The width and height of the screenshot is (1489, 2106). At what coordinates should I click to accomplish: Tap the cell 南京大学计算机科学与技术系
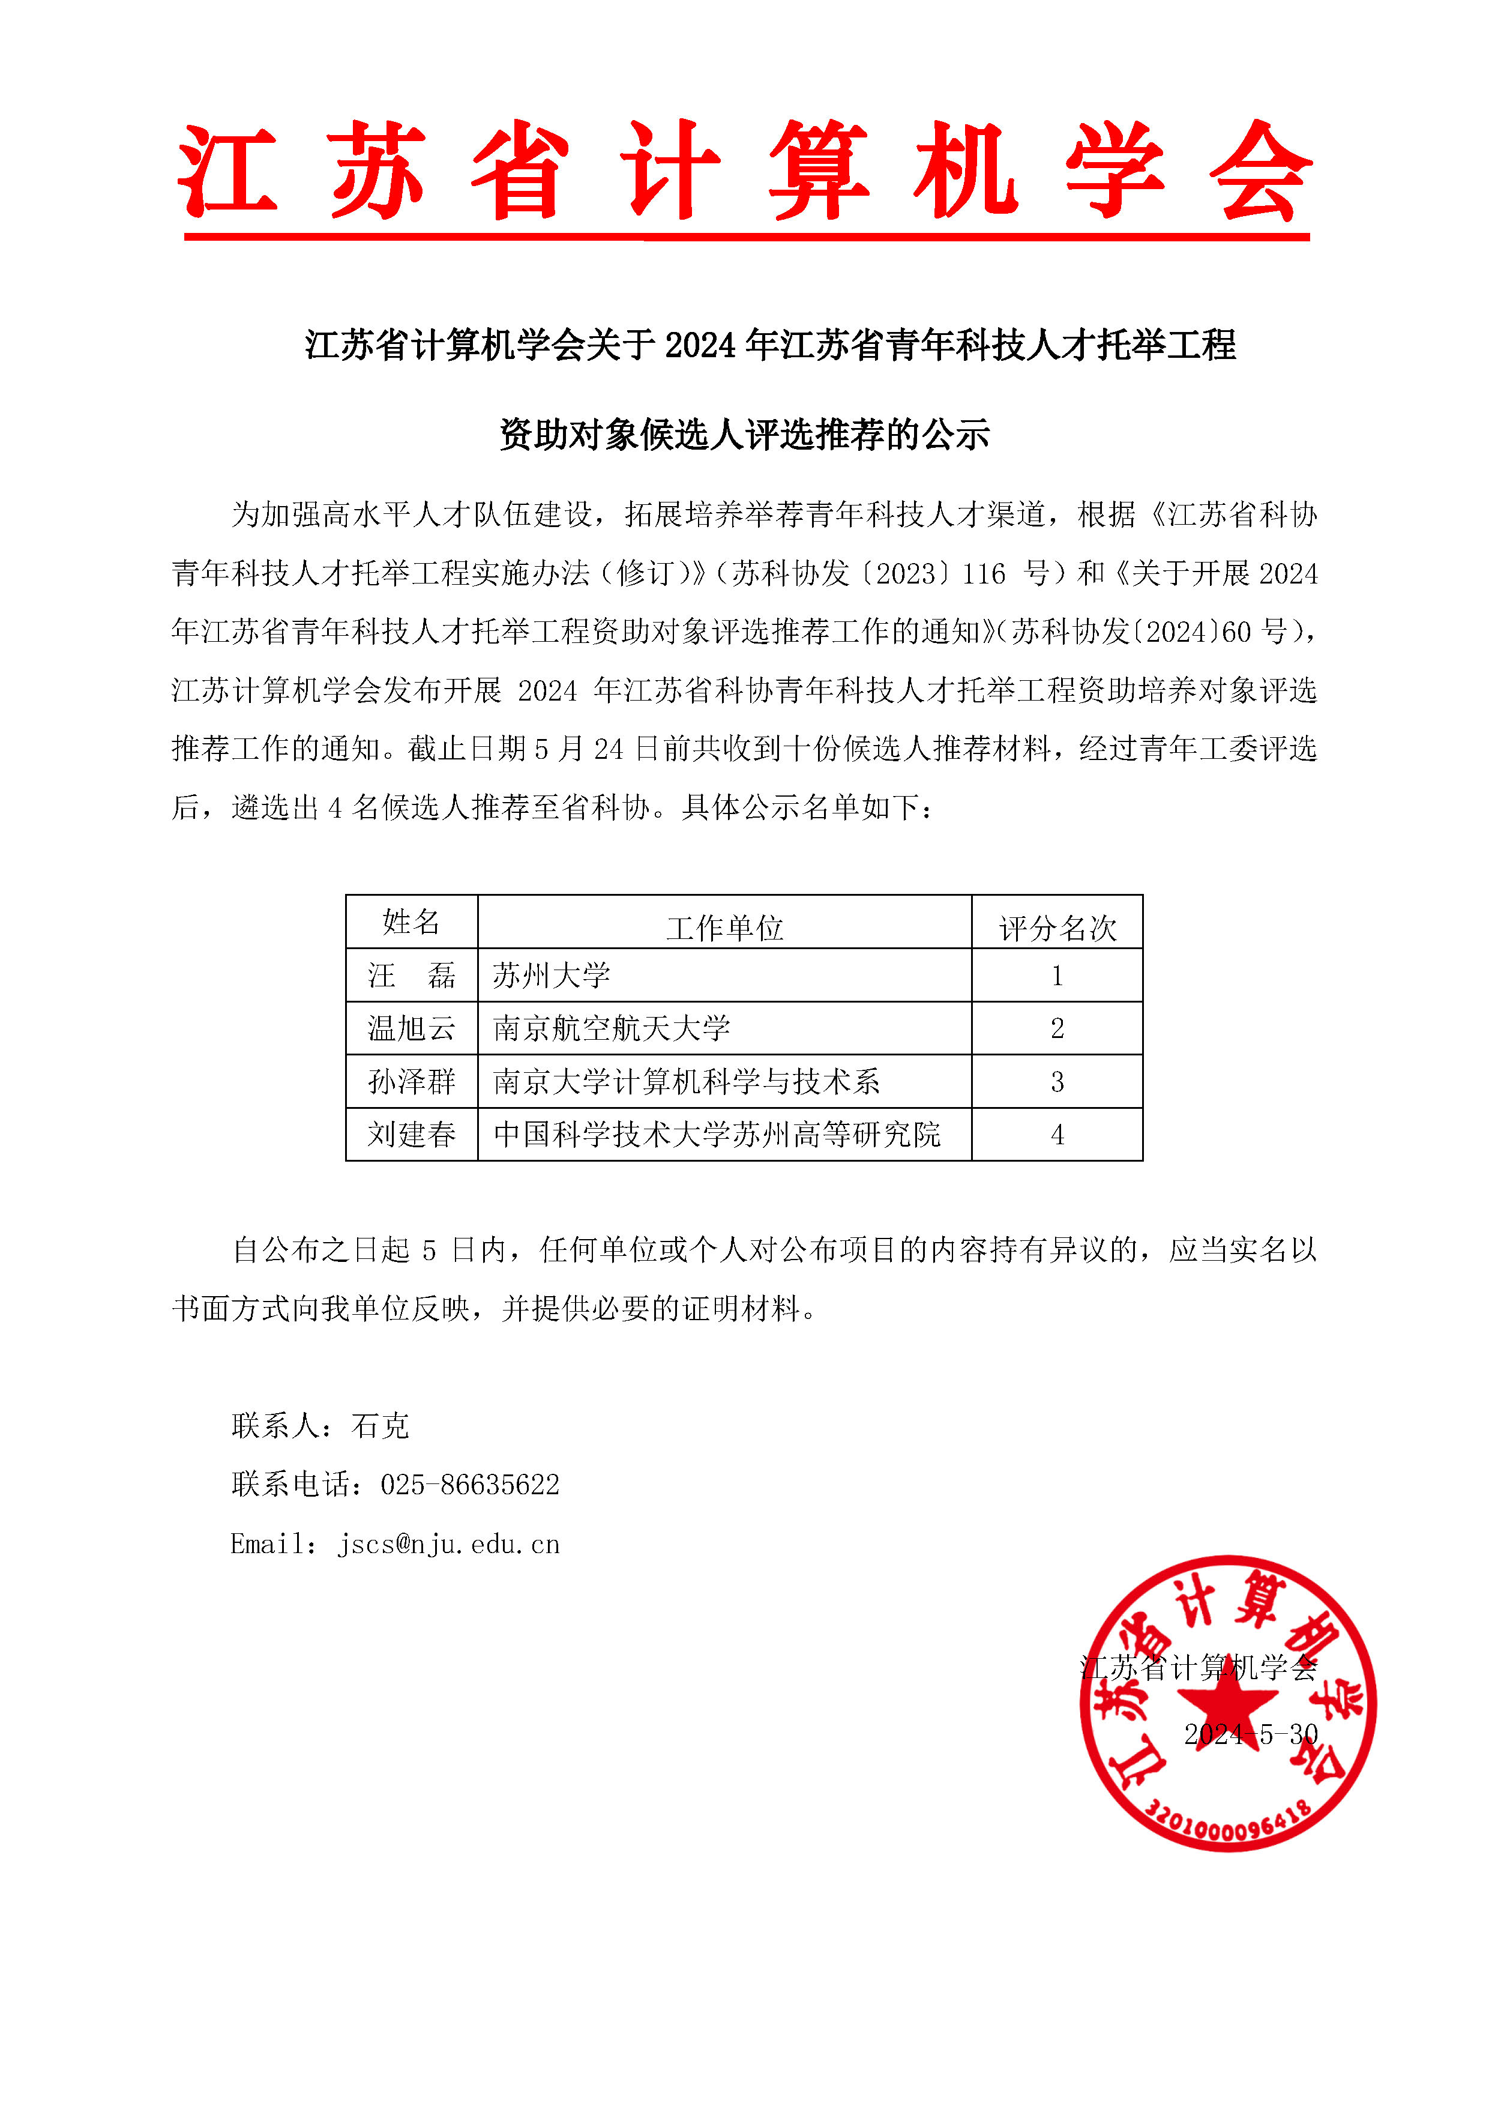point(686,1081)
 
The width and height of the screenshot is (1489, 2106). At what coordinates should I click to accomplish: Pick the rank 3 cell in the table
point(1057,1081)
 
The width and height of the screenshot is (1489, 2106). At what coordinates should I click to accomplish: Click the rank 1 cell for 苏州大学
point(1057,975)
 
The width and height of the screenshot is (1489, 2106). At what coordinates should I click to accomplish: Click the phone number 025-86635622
point(469,1484)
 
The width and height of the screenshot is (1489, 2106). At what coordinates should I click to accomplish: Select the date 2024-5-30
point(1251,1734)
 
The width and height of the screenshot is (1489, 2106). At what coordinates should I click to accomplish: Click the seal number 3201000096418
point(1228,1827)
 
